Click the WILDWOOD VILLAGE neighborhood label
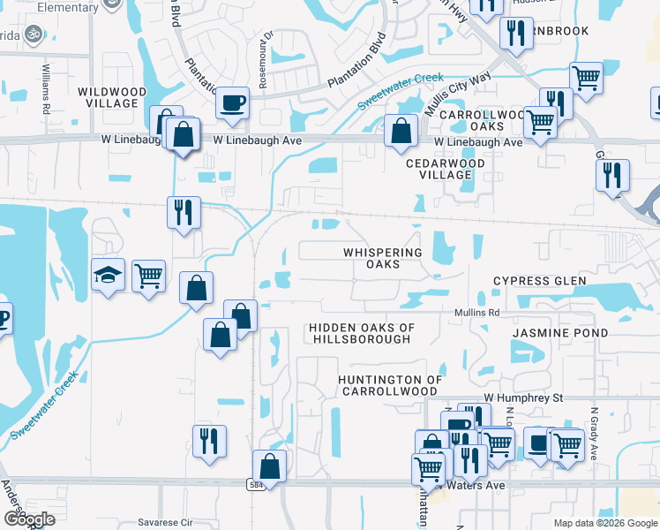[108, 97]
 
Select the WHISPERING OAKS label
[383, 258]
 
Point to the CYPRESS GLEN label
[539, 281]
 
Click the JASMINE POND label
[560, 333]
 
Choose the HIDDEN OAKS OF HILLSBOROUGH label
[361, 333]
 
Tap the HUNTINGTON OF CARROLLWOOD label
[390, 385]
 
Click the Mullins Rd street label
[477, 313]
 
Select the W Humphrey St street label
[522, 398]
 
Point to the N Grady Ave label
[596, 433]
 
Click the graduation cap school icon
[108, 275]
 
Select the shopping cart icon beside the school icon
[149, 275]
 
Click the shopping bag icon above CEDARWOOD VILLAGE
[401, 131]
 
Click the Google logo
[29, 520]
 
